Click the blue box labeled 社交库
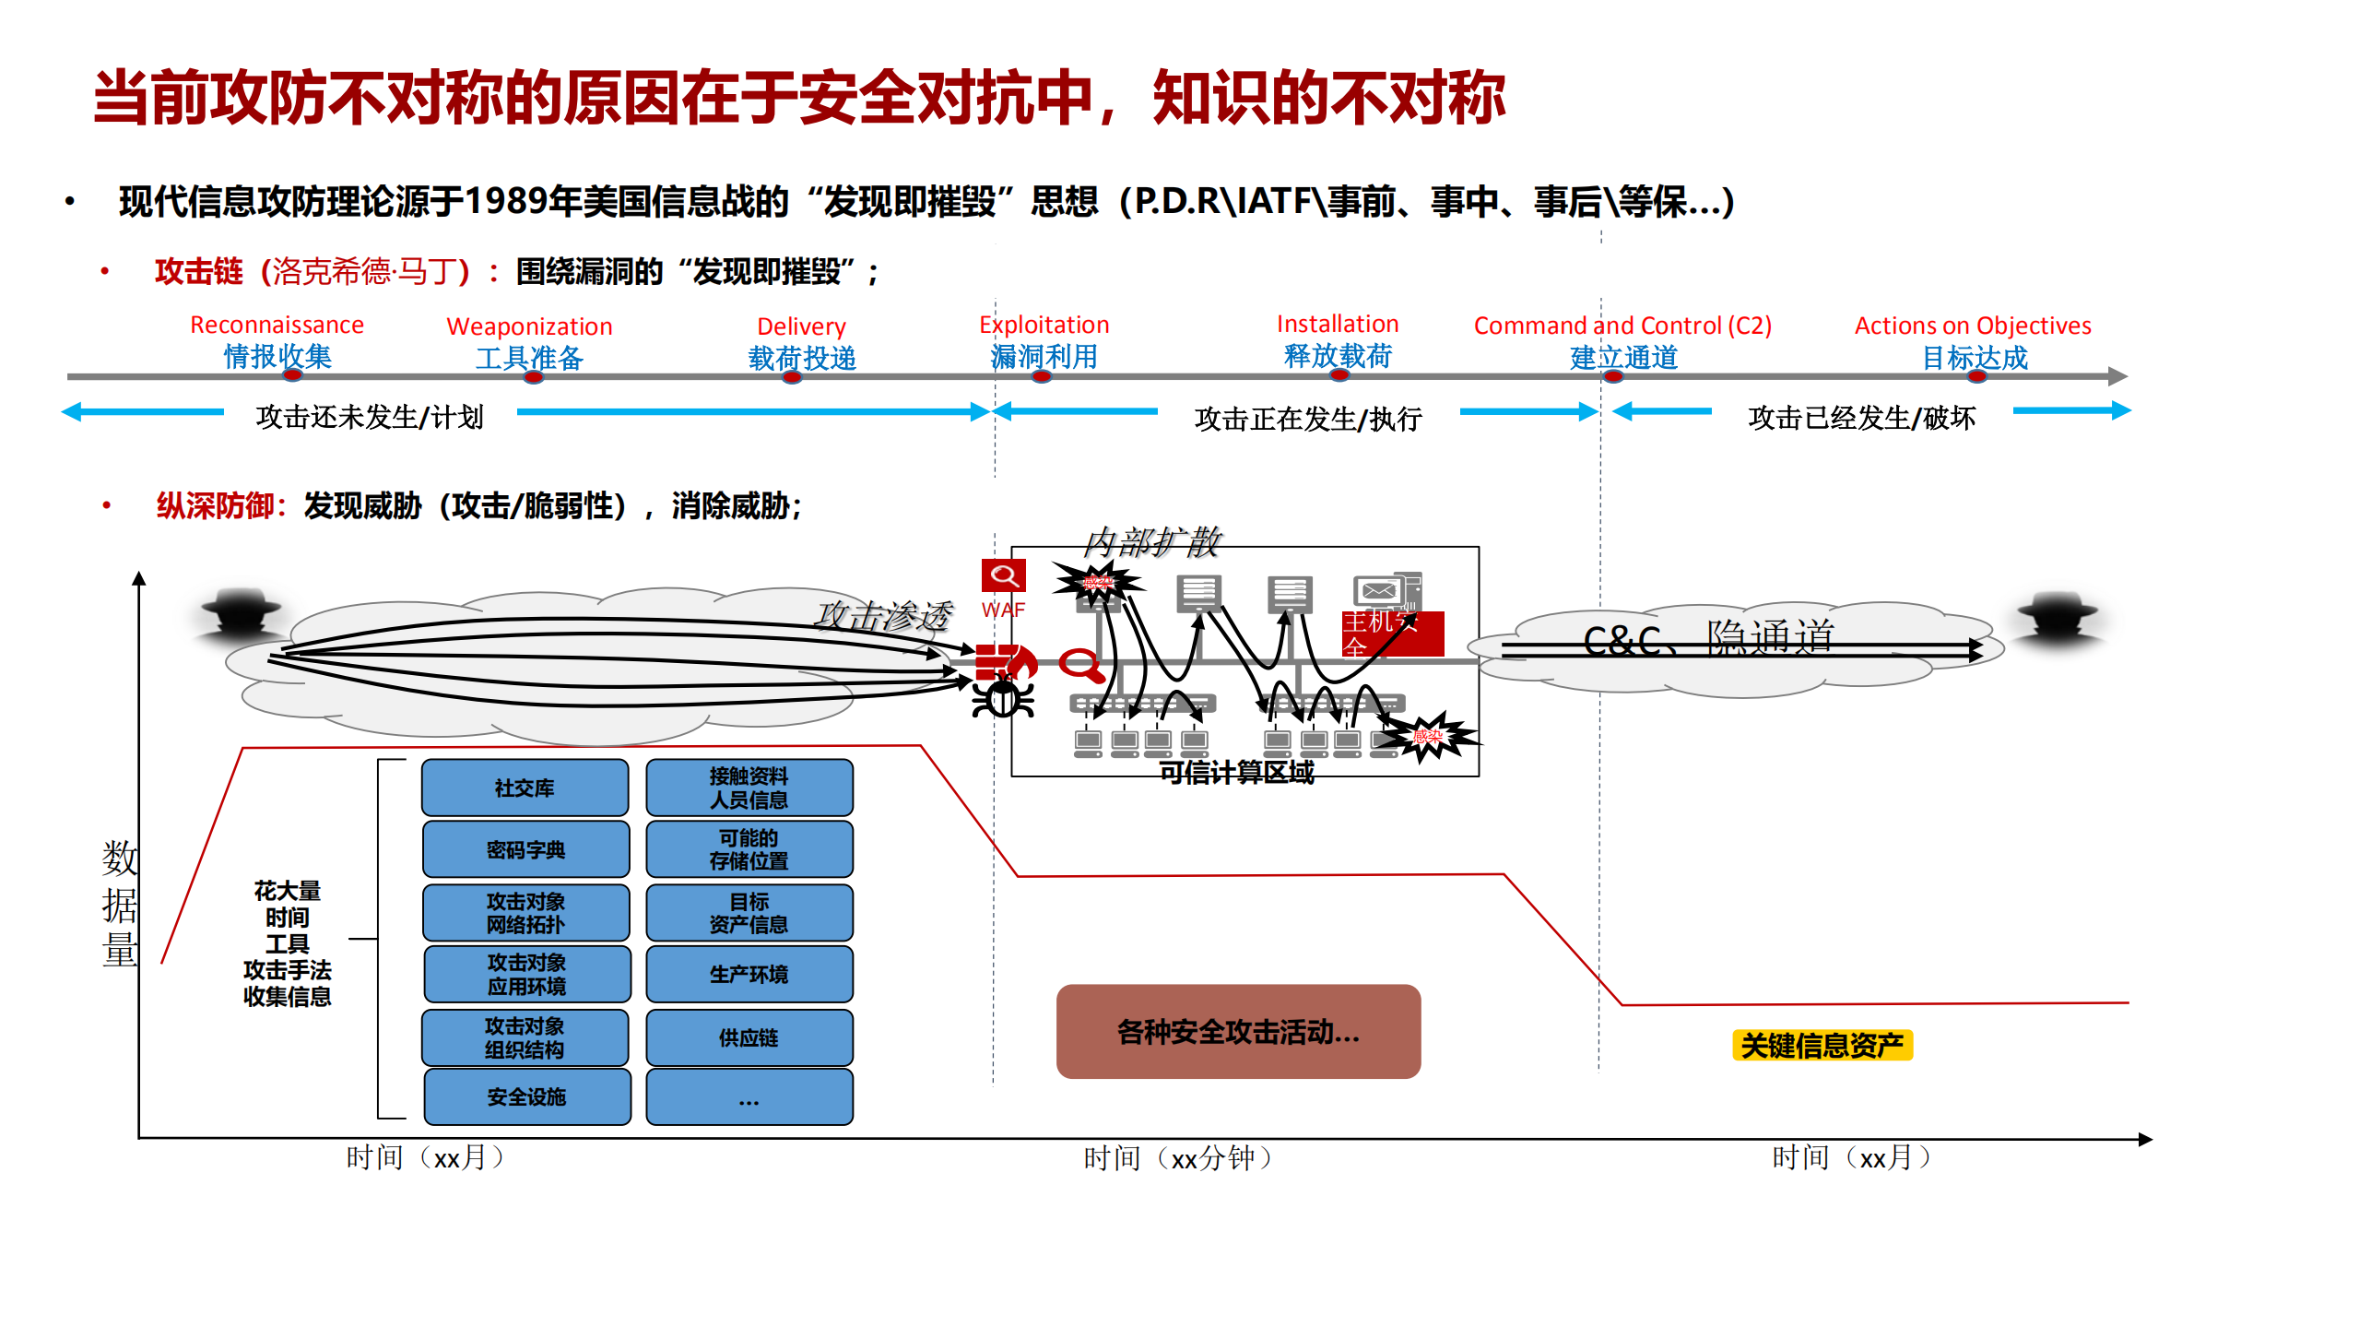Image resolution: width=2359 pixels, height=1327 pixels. [x=525, y=788]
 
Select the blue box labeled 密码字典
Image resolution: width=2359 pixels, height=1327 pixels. [x=525, y=849]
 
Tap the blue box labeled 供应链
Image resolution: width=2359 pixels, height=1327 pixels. [x=749, y=1037]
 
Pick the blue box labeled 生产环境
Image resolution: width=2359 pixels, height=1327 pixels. [x=749, y=974]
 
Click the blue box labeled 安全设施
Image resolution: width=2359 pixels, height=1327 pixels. [x=526, y=1096]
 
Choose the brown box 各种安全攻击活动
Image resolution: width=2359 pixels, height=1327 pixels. [x=1237, y=1031]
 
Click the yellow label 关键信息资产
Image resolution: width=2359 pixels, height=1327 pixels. [x=1822, y=1045]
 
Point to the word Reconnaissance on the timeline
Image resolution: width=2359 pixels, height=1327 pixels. [x=277, y=325]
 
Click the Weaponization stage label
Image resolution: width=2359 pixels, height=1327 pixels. [x=529, y=326]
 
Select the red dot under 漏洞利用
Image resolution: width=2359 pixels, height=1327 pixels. [x=1042, y=376]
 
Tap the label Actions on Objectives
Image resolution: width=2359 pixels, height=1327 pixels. [x=1972, y=326]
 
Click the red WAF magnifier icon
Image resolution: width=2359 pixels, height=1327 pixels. [x=1003, y=576]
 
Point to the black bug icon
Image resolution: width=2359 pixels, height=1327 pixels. [x=1003, y=696]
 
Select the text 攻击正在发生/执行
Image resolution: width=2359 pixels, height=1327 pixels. [x=1307, y=419]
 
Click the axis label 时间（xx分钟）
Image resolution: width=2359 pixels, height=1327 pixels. [x=1177, y=1157]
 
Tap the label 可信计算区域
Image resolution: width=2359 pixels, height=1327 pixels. [x=1235, y=772]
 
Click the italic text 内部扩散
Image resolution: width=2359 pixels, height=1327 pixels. [x=1151, y=542]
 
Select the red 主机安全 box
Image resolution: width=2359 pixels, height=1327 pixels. [x=1392, y=634]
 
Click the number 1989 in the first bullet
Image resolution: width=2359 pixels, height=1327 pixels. [x=505, y=201]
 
